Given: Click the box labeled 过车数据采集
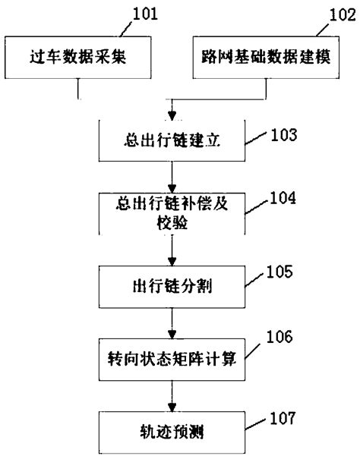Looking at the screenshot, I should tap(78, 58).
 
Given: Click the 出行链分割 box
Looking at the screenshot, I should tap(173, 288).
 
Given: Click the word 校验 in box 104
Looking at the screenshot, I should tap(173, 225).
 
